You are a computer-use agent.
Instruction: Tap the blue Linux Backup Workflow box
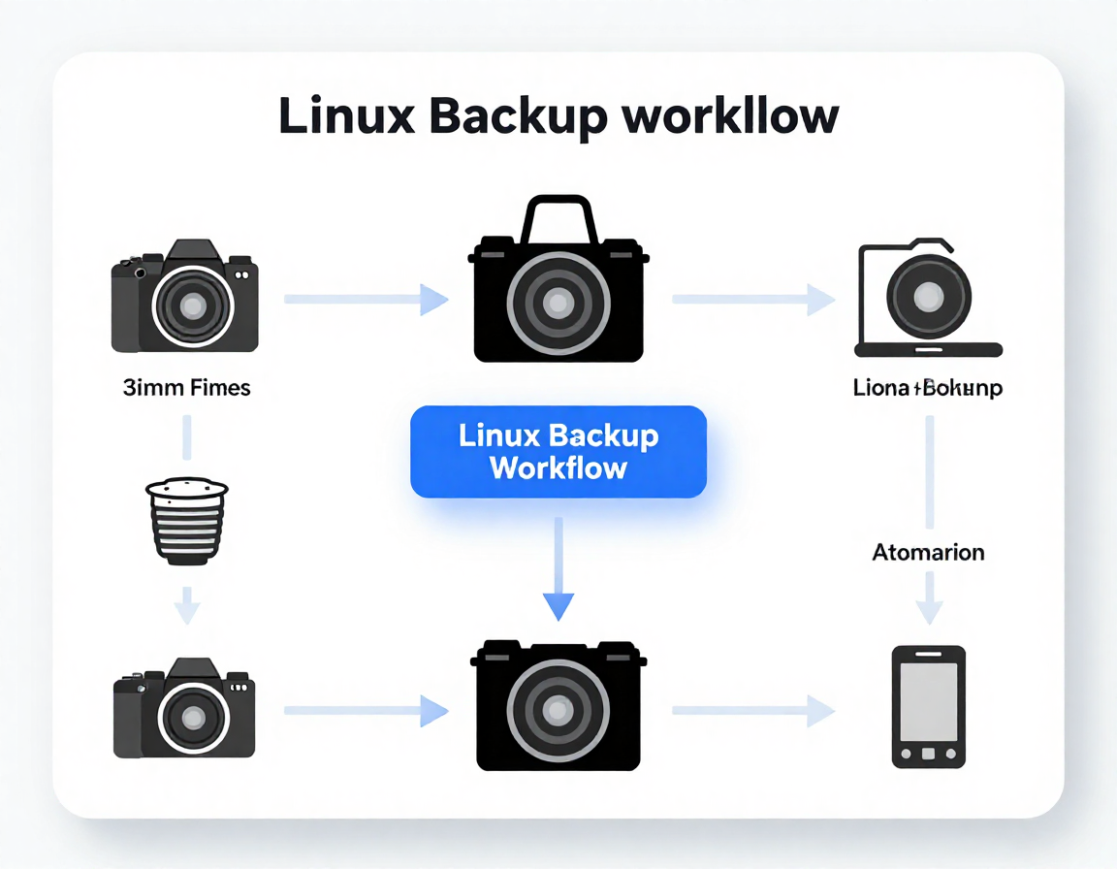coord(558,452)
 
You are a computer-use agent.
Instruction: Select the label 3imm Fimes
coord(187,388)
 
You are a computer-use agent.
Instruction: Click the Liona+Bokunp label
coord(928,389)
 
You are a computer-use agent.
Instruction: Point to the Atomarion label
coord(928,553)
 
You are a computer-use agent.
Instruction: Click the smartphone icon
coord(928,707)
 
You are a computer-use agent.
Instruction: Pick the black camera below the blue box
coord(558,704)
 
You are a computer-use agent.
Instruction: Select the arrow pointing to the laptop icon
coord(753,300)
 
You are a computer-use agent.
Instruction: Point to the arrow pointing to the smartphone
coord(753,711)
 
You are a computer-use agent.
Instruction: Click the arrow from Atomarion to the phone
coord(929,597)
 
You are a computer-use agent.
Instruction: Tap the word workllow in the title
coord(730,117)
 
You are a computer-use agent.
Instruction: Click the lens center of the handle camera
coord(558,304)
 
